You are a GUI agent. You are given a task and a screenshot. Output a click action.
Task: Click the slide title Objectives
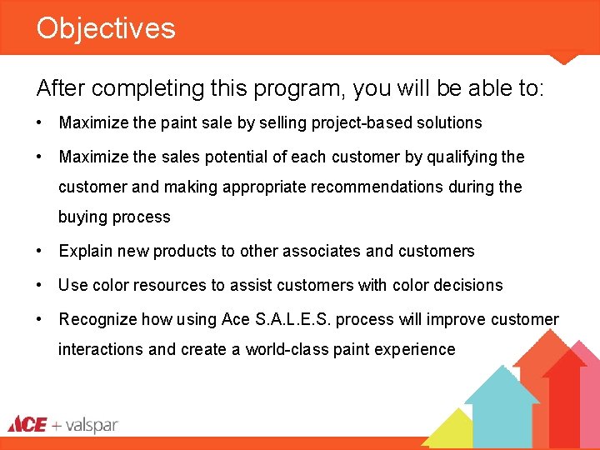pyautogui.click(x=106, y=28)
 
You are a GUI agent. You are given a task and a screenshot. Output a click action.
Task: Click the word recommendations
pyautogui.click(x=371, y=187)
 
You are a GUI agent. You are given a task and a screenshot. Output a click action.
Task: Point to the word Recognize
pyautogui.click(x=98, y=319)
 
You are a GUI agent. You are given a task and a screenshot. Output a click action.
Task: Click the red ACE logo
pyautogui.click(x=27, y=424)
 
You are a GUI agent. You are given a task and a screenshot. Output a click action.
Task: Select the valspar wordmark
pyautogui.click(x=92, y=425)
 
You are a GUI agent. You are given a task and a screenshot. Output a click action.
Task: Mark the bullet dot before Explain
pyautogui.click(x=40, y=251)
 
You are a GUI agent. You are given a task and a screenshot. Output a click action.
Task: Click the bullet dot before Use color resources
pyautogui.click(x=40, y=285)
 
